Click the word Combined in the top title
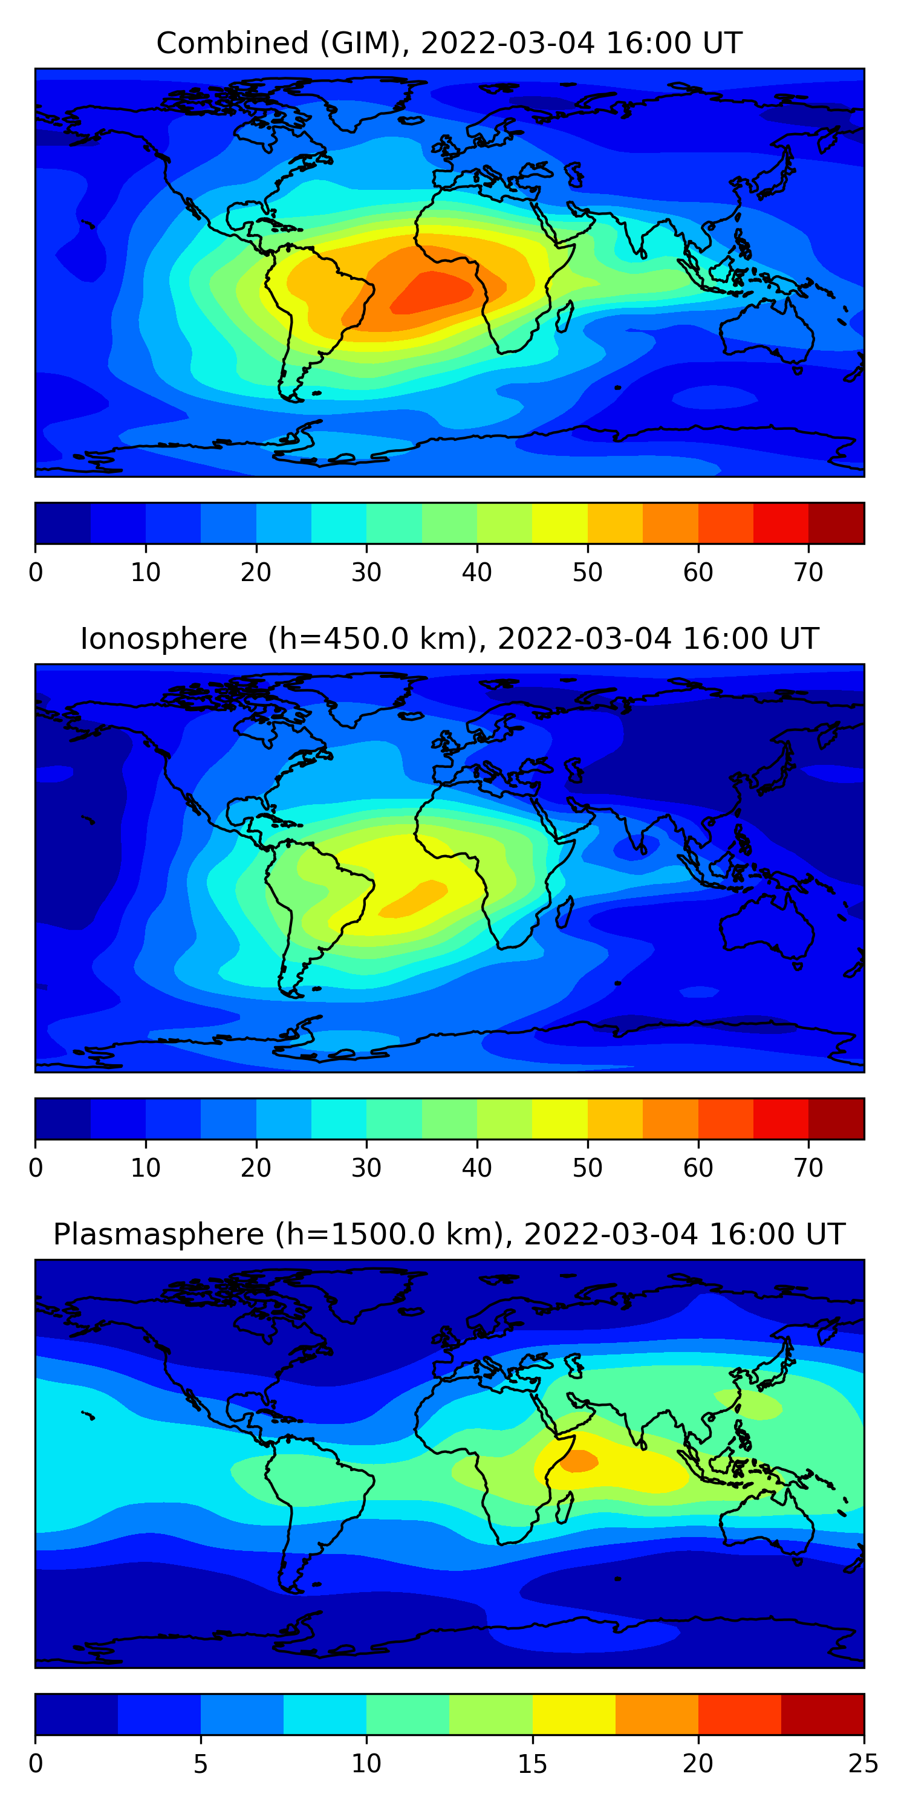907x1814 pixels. (x=232, y=44)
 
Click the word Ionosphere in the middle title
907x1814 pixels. (x=163, y=639)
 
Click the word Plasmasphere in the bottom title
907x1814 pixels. (x=158, y=1235)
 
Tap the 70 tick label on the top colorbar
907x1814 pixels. (x=808, y=573)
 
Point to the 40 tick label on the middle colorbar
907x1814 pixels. (x=476, y=1168)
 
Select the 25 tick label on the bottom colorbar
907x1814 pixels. (x=863, y=1763)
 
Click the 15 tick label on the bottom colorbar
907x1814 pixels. (x=532, y=1763)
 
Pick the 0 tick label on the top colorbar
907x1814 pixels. (x=36, y=573)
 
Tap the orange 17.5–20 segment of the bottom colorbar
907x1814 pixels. (x=656, y=1714)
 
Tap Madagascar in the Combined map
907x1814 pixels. (x=564, y=317)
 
